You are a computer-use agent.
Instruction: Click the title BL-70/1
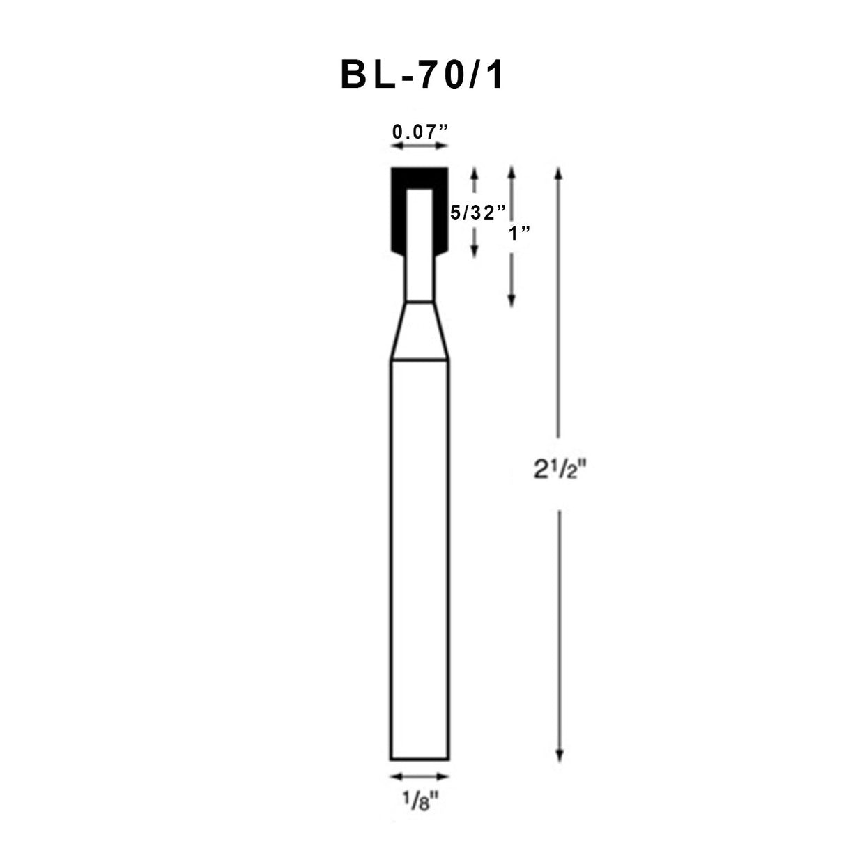422,76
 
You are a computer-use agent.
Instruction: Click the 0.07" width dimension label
419,131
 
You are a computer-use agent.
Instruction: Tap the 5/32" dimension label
477,212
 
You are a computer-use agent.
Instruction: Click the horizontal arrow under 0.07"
419,146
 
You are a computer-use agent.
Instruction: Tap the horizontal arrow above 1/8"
419,776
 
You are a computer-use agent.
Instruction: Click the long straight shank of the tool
419,557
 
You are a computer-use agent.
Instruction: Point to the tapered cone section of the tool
419,331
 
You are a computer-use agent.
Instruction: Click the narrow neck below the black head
419,279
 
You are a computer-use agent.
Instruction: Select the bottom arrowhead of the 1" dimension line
512,301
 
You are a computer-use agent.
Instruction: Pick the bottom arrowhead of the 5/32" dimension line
475,252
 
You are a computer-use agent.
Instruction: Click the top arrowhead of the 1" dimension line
512,171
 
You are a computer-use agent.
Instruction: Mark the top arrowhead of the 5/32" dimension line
475,171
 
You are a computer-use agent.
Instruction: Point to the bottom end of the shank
419,758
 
